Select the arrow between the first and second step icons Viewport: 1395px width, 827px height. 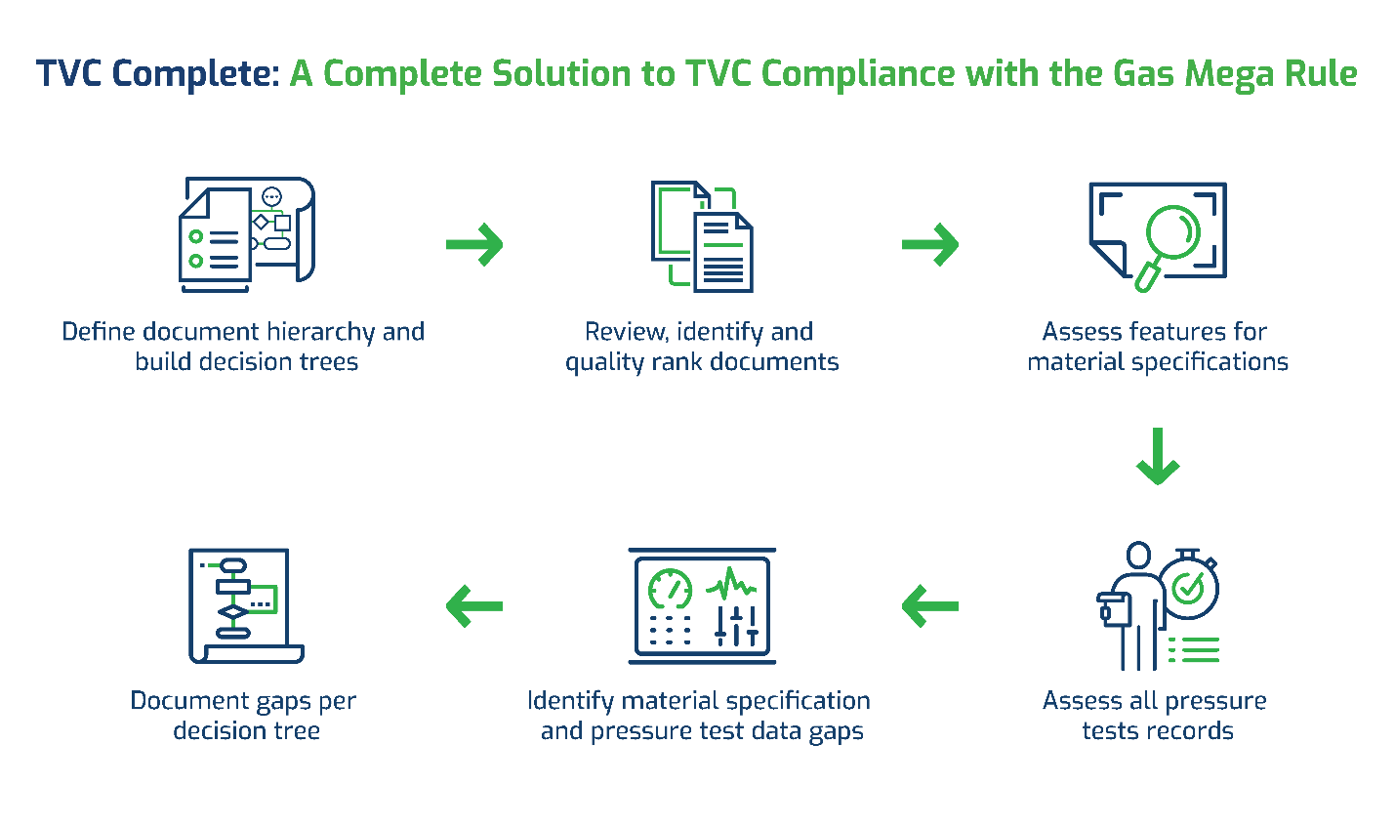(x=474, y=244)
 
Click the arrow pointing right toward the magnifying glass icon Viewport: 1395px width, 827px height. (x=930, y=244)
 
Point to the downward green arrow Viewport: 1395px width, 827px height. (x=1158, y=456)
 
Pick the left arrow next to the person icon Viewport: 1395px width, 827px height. (x=930, y=606)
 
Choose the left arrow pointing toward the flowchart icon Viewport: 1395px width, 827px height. (x=474, y=606)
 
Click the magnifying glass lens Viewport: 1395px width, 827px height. (x=1173, y=231)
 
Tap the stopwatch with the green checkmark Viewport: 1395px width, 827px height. (x=1189, y=586)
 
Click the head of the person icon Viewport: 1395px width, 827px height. (x=1138, y=555)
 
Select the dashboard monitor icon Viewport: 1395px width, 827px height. (x=702, y=606)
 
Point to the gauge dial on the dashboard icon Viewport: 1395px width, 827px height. (x=670, y=588)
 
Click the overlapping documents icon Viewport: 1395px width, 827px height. (x=702, y=236)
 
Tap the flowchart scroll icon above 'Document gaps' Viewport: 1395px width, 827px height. (x=246, y=606)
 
